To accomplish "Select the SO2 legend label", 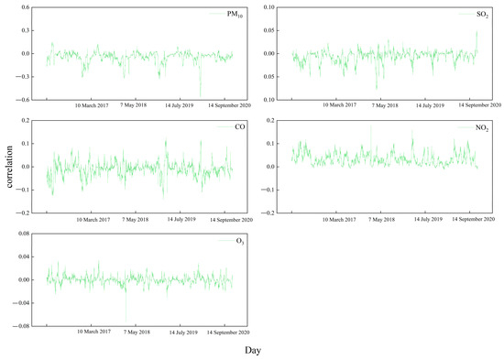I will [482, 13].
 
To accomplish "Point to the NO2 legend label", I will [482, 126].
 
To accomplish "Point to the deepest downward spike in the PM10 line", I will [200, 95].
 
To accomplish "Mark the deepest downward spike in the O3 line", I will [126, 321].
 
